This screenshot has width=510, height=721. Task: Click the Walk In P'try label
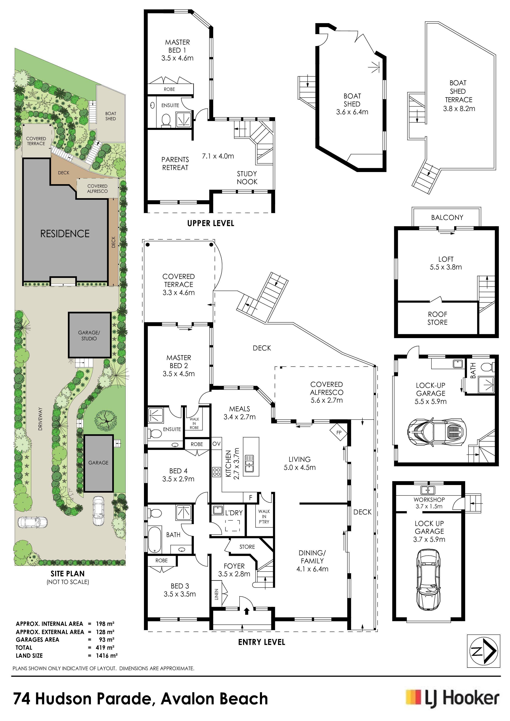[264, 516]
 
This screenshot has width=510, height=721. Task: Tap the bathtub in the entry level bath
[154, 540]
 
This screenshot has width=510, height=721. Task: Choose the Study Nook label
[247, 178]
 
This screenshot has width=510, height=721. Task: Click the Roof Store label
[437, 318]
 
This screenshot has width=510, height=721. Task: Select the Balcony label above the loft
[447, 217]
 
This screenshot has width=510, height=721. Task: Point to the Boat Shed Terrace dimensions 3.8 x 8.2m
[459, 109]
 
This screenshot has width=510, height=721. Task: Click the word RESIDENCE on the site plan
[65, 234]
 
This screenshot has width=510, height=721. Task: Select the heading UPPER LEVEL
[211, 223]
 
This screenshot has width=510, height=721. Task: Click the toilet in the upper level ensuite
[166, 120]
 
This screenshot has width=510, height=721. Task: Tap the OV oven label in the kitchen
[217, 444]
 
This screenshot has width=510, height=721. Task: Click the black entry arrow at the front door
[247, 611]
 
